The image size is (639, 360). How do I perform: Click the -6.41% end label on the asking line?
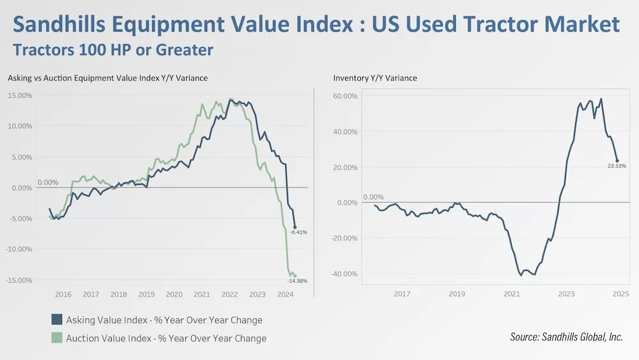298,232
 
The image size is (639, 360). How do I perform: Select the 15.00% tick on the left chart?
20,95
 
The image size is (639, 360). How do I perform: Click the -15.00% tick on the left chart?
19,280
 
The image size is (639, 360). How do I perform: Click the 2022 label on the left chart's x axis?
229,294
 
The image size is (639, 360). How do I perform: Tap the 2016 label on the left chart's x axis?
63,294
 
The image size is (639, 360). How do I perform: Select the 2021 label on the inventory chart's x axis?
511,294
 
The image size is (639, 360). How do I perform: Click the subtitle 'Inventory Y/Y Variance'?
375,78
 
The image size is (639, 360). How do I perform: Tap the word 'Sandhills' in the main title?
61,24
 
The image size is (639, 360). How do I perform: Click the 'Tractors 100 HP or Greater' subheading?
113,49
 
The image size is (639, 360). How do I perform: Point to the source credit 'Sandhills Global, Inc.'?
583,337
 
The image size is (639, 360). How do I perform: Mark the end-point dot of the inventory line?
617,160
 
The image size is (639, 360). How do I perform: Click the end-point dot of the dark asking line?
295,227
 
